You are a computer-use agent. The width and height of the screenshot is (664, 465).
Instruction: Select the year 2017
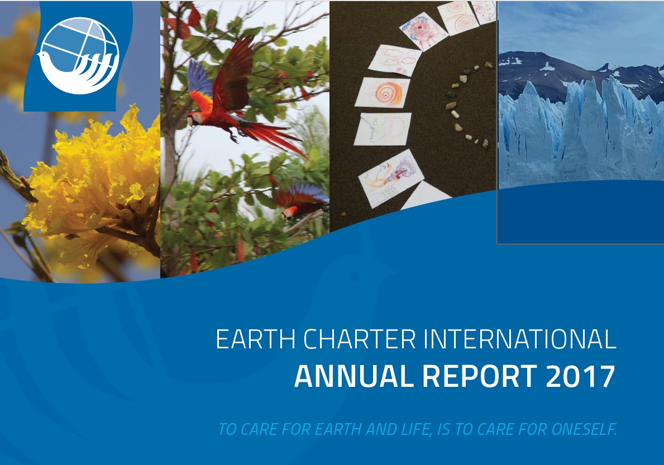pos(581,376)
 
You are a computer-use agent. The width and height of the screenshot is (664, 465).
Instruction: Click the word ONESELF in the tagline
pos(584,429)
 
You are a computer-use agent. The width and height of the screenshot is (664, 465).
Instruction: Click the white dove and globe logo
pos(78,55)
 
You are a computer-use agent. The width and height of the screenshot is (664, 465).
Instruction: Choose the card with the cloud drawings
pos(395,60)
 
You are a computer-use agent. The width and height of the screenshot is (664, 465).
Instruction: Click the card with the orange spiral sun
pos(383,92)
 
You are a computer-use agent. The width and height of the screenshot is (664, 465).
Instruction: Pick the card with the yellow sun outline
pos(383,129)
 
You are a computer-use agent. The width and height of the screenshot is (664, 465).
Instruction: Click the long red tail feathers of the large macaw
pos(275,140)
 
